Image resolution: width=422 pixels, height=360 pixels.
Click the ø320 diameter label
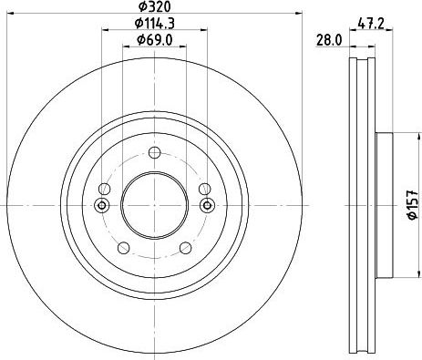click(x=155, y=6)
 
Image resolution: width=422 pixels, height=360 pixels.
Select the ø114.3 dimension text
click(x=155, y=24)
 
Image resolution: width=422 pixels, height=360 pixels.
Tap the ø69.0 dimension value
click(x=155, y=39)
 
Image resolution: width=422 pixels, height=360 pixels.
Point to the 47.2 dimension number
click(x=371, y=24)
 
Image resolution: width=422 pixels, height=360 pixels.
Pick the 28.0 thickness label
click(x=329, y=40)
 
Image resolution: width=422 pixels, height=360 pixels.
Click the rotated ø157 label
click(x=413, y=205)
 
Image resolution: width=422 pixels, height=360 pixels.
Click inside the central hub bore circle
click(x=155, y=205)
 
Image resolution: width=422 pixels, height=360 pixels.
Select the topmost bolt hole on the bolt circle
click(x=155, y=152)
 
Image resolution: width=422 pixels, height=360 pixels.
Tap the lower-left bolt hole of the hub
click(x=123, y=248)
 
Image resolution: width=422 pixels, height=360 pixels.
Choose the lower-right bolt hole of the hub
click(x=185, y=248)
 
